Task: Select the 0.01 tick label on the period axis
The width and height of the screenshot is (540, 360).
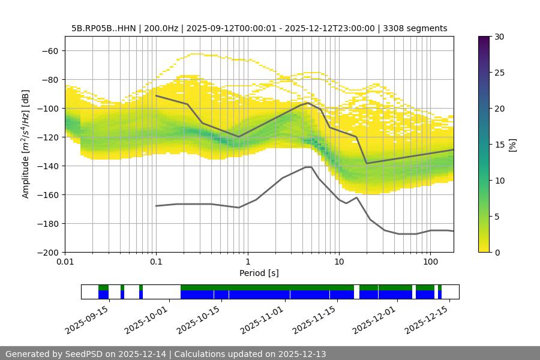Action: pos(65,262)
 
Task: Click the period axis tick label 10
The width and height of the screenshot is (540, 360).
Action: pos(338,262)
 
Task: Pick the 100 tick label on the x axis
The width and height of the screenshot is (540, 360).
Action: pos(430,262)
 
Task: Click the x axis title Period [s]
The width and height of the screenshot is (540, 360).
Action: pos(259,273)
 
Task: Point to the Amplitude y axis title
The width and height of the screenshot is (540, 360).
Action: pos(26,144)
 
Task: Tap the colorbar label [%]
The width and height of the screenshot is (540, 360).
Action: pos(512,145)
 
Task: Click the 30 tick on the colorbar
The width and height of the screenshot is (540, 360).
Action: pos(499,37)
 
